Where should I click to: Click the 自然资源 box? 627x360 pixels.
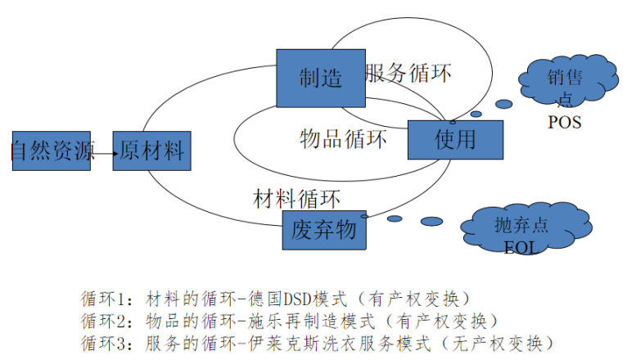(x=51, y=150)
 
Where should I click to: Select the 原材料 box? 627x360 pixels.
(x=151, y=151)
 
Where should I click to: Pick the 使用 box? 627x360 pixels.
(x=454, y=138)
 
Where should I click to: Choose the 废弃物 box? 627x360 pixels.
(x=323, y=230)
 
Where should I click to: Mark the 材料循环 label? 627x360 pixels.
(x=297, y=197)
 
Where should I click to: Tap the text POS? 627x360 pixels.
(x=565, y=122)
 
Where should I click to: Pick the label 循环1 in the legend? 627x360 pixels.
(x=104, y=297)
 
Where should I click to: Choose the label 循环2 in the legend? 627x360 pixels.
(x=104, y=319)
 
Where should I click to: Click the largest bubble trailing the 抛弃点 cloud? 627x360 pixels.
(x=431, y=221)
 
